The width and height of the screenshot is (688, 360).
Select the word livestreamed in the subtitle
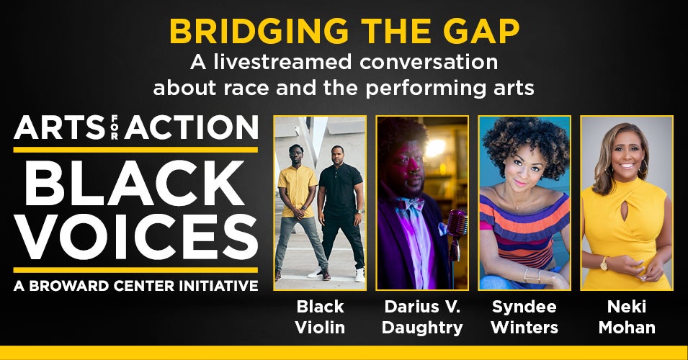(x=283, y=62)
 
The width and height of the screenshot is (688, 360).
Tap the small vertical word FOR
(x=115, y=127)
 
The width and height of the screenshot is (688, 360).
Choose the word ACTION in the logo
(x=192, y=127)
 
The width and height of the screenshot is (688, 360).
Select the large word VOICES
(x=135, y=237)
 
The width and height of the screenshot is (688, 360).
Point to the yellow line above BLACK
(x=135, y=150)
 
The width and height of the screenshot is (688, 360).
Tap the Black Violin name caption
(x=320, y=317)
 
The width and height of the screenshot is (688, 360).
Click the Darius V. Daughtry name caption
(x=422, y=317)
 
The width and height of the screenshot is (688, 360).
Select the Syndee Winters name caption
(x=524, y=317)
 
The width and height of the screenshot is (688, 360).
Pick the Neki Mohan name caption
(x=627, y=317)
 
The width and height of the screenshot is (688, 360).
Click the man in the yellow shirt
(x=299, y=210)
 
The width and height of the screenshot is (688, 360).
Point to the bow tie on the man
(x=410, y=204)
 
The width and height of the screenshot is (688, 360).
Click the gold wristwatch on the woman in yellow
(x=604, y=264)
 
